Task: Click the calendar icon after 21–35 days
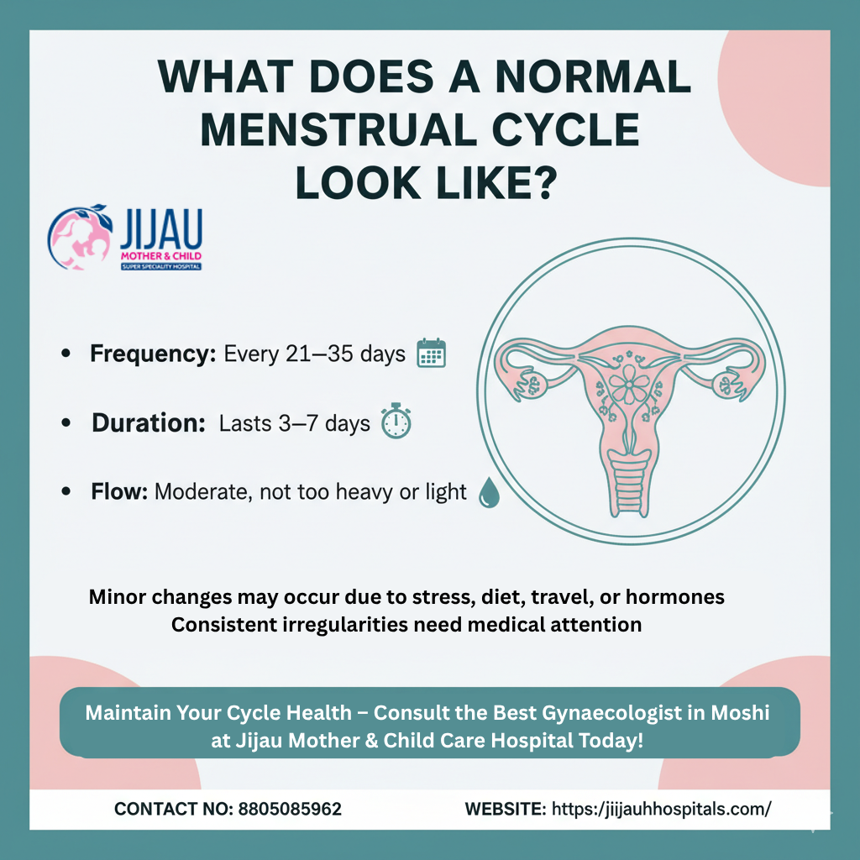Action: pos(431,354)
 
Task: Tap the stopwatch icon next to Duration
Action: pos(396,422)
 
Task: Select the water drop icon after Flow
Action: pos(489,492)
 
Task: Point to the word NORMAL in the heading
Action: pos(593,76)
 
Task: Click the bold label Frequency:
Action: pos(153,354)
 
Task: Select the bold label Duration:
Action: pos(149,423)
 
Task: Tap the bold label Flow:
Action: pos(119,491)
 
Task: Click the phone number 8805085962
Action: pos(290,809)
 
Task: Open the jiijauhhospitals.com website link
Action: pos(662,809)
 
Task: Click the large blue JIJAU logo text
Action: pos(160,229)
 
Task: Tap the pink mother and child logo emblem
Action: pos(80,237)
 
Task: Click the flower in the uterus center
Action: pos(629,385)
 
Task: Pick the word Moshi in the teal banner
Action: pos(740,712)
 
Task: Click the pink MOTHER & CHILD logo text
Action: pos(160,256)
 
